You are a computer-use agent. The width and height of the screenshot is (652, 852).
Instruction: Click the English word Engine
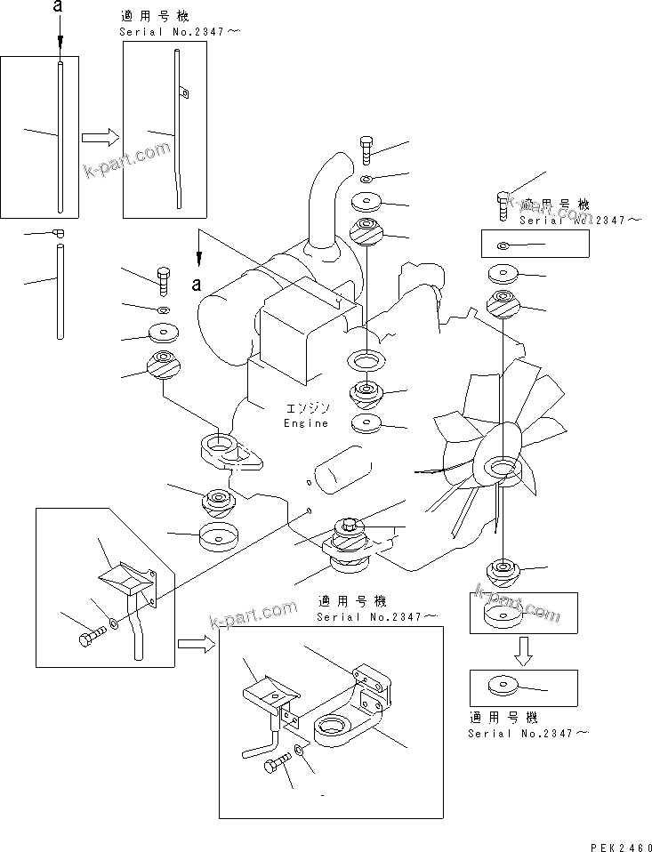click(306, 423)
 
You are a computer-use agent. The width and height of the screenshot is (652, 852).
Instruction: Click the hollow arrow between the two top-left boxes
click(100, 137)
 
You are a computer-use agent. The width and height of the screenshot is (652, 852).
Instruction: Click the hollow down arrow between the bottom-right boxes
click(523, 655)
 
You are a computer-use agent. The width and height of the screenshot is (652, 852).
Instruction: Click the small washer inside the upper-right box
click(503, 245)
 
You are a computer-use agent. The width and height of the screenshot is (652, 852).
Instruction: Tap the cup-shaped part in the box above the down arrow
click(503, 615)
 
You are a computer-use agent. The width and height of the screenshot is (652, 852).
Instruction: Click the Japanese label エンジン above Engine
click(307, 408)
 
